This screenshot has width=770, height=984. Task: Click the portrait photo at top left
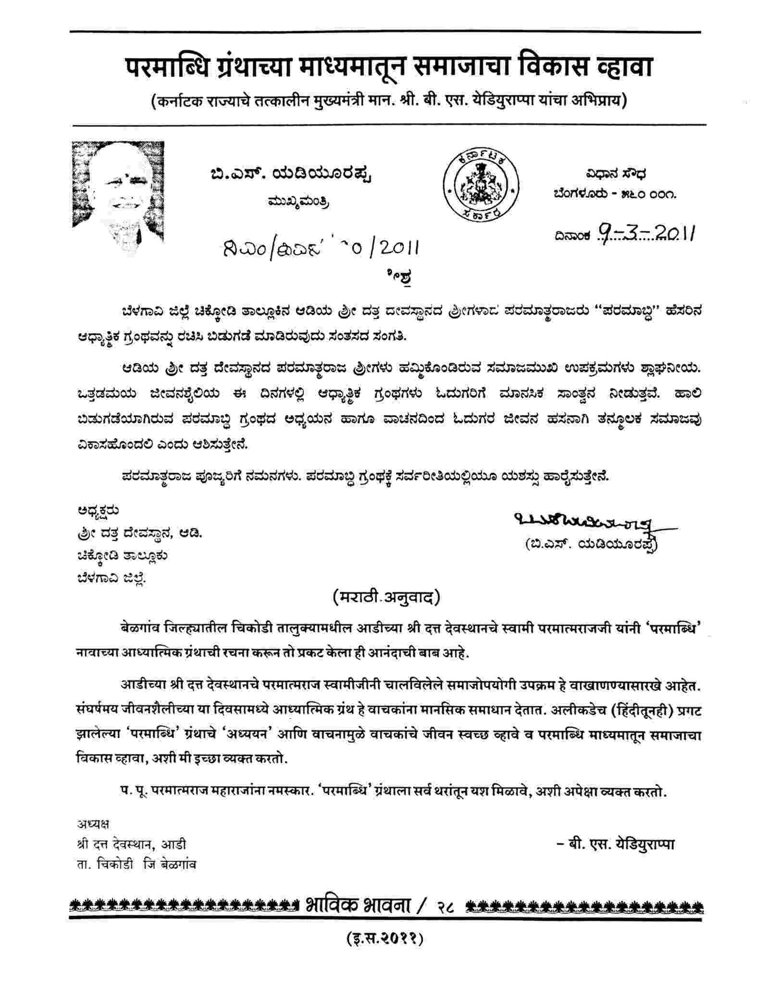click(118, 192)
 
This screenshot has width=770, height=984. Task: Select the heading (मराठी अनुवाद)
click(386, 597)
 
